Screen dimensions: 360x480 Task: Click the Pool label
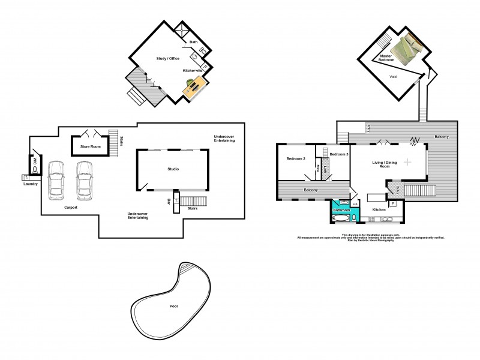tap(173, 306)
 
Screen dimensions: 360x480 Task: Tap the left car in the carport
tap(56, 179)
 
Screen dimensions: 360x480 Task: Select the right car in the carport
tap(83, 179)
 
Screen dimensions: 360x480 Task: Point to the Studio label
tap(173, 169)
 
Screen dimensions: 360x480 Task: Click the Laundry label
tap(31, 184)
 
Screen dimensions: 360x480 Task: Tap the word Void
tap(393, 77)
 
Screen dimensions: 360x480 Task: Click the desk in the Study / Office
tap(194, 88)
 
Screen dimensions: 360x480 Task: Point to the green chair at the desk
tap(190, 82)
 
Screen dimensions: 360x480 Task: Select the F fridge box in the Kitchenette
tap(205, 67)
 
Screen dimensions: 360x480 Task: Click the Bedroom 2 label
tap(296, 158)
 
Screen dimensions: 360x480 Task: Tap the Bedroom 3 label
tap(339, 155)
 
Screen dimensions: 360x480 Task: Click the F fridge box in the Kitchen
tap(393, 205)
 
